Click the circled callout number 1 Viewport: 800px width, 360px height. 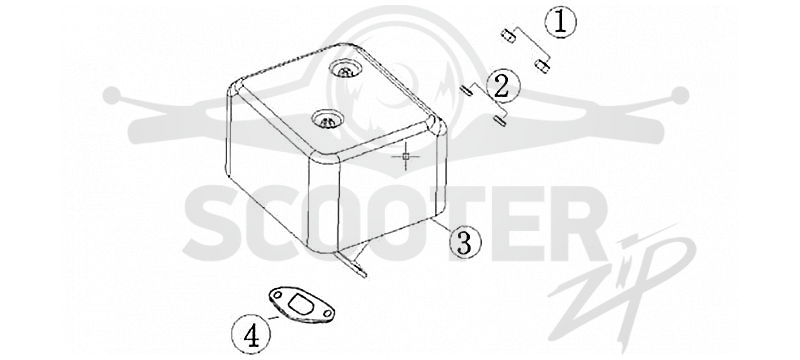tap(560, 23)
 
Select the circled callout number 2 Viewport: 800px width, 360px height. tap(503, 86)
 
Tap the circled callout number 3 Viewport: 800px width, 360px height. tap(464, 242)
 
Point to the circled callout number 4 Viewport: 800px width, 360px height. tap(251, 335)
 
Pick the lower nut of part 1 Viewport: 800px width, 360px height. tap(541, 66)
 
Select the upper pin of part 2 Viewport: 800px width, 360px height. tap(466, 91)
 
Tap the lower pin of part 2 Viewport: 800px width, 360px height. tap(499, 121)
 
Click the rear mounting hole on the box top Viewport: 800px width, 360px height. tap(345, 69)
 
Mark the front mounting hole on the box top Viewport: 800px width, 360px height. tap(328, 120)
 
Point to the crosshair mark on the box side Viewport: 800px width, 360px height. tap(406, 156)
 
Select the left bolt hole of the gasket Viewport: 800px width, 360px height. tap(277, 295)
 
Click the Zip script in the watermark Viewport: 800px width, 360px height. tap(623, 288)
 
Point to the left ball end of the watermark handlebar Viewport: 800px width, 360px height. tap(111, 95)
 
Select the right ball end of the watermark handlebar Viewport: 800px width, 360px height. tap(680, 95)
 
